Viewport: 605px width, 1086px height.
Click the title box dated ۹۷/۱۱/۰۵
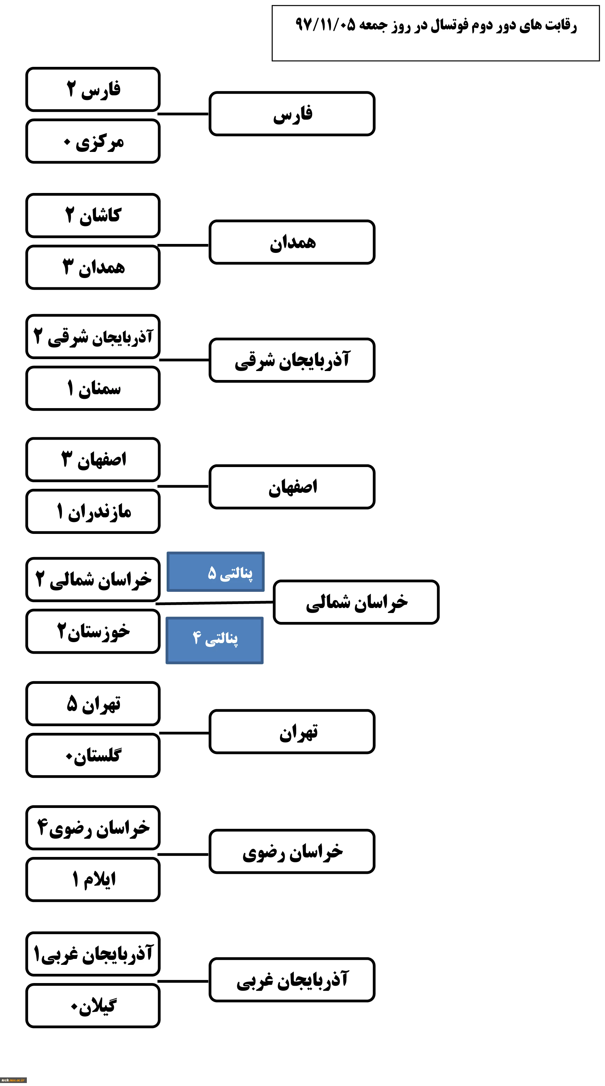[x=435, y=33]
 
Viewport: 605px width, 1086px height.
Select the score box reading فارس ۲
[x=93, y=89]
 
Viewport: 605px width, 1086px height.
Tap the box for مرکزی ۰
[x=93, y=141]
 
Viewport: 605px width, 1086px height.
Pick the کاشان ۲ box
[x=93, y=215]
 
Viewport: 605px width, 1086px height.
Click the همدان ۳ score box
[x=93, y=267]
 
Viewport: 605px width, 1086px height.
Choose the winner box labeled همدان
[x=292, y=242]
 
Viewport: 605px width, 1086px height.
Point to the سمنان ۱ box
[x=93, y=388]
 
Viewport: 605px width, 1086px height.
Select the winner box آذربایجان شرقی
[x=292, y=360]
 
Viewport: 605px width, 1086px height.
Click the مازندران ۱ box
[x=93, y=511]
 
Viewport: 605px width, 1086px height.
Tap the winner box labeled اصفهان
[x=292, y=487]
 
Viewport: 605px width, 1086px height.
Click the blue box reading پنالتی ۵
[x=216, y=572]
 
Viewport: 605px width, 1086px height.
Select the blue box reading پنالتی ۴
[x=215, y=640]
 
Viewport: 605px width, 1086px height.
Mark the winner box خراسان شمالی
[x=356, y=602]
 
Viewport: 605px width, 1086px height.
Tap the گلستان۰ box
[x=93, y=755]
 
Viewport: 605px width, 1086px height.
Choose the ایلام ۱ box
[x=93, y=879]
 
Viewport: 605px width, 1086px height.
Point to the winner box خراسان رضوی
[x=292, y=852]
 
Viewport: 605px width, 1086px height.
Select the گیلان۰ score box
[x=93, y=1006]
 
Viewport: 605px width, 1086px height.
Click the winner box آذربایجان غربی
[x=292, y=980]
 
